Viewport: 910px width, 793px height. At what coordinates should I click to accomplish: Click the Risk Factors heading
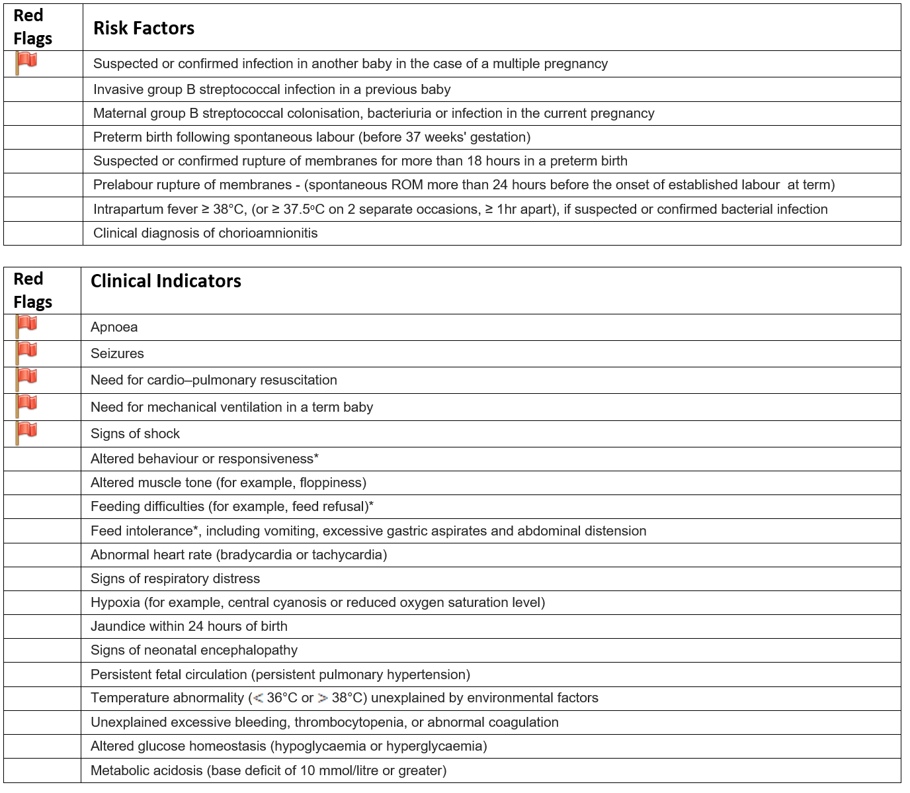[144, 28]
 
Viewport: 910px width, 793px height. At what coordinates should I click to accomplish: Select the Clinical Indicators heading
[165, 281]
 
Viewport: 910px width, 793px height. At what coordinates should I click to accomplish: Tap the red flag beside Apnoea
[26, 326]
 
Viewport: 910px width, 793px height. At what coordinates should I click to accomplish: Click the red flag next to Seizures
[26, 352]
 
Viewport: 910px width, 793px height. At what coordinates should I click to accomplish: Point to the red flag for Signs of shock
[26, 432]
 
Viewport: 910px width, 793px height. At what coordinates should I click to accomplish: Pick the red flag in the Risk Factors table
[26, 63]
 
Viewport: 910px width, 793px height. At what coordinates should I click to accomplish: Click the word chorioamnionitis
[264, 233]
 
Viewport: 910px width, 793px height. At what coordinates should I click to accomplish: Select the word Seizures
[117, 353]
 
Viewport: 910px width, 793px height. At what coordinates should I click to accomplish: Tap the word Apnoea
[114, 327]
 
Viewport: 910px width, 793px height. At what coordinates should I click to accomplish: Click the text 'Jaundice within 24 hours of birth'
[188, 626]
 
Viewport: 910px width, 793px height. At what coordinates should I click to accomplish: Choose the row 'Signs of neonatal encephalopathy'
[194, 650]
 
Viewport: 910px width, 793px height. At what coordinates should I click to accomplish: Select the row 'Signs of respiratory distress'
[175, 579]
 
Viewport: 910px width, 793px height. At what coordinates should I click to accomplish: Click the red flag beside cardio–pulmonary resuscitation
[26, 379]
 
